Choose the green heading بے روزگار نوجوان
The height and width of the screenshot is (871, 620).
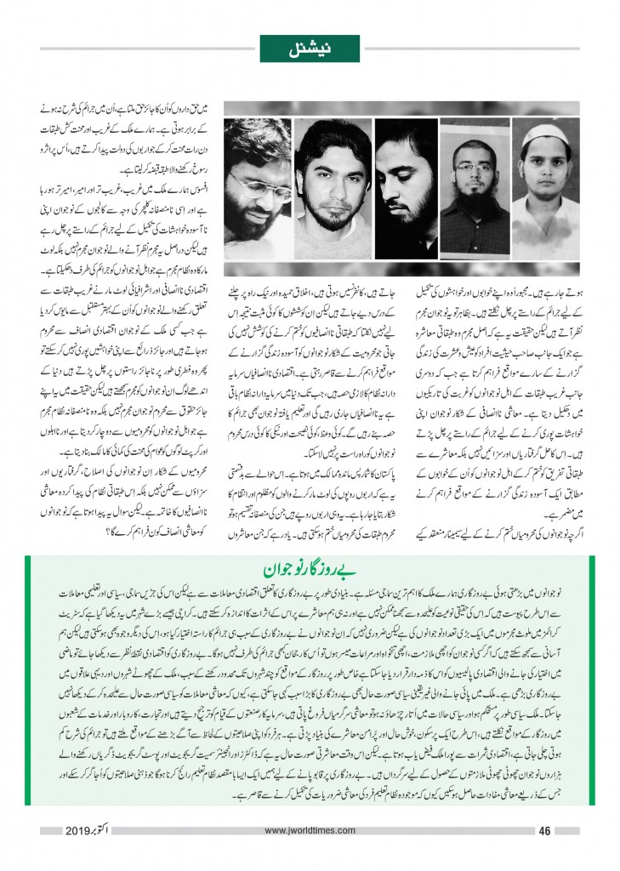[310, 568]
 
